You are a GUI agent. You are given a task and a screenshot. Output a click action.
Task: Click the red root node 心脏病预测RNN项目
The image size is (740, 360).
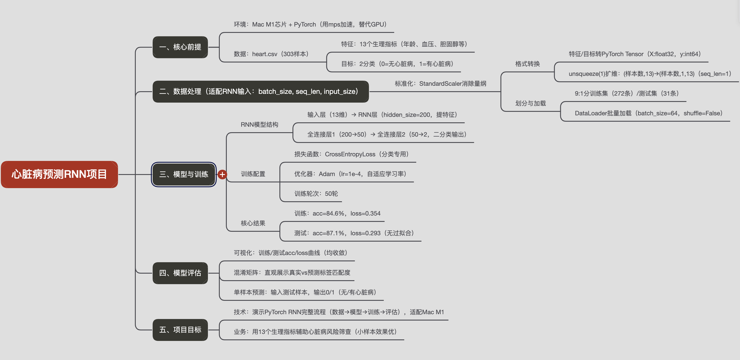(59, 174)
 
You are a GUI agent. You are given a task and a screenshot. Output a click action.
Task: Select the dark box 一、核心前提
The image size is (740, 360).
(180, 47)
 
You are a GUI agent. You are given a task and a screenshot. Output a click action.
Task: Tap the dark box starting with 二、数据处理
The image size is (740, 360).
(260, 92)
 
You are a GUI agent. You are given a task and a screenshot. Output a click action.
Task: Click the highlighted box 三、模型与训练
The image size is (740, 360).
(184, 174)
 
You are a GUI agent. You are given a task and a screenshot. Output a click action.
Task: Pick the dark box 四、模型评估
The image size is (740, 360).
(180, 273)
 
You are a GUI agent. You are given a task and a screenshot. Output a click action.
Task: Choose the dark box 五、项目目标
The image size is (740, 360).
(180, 330)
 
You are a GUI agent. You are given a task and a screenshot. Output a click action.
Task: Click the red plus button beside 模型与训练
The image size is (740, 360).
(222, 174)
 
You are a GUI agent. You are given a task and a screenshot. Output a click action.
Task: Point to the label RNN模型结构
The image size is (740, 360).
(259, 125)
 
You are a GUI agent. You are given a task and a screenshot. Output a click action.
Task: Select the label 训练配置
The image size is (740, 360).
(253, 174)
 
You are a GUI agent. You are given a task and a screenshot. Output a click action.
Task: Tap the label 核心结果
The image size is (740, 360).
(253, 223)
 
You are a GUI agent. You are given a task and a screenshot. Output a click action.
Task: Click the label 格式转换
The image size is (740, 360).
(527, 64)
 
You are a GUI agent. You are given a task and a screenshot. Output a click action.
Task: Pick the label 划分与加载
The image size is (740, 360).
(530, 103)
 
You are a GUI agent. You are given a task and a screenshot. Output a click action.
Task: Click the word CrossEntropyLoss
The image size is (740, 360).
(350, 154)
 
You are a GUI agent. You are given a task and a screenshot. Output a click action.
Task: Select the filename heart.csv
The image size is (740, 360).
(264, 54)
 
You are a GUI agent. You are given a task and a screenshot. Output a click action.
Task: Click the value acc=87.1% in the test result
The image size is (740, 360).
(328, 233)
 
